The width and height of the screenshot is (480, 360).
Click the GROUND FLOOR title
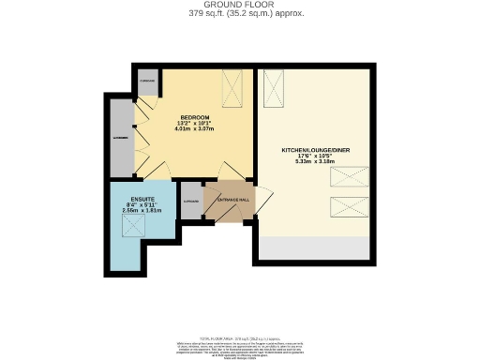[x=239, y=5]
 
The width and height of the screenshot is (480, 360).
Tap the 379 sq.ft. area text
[x=239, y=13]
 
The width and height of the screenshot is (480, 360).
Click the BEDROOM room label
[x=195, y=117]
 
